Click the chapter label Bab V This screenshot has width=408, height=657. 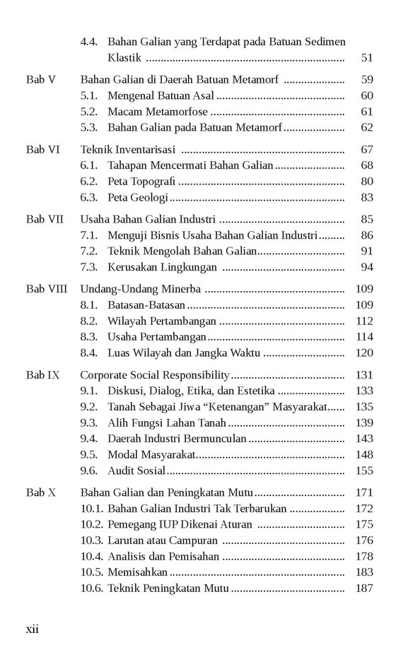pos(40,79)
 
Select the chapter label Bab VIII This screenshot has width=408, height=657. pos(47,289)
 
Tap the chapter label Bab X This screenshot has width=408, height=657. pos(40,492)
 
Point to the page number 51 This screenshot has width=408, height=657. pos(366,58)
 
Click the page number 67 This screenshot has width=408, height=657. pos(366,149)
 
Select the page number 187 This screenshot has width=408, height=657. pos(364,588)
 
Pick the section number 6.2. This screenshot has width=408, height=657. pos(88,182)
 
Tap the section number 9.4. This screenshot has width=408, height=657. pos(88,439)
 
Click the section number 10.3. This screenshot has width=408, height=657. pos(91,540)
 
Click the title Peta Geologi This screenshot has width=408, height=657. pos(138,198)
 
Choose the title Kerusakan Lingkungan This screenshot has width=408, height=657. pos(162,267)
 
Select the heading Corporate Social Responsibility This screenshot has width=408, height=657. pos(155,375)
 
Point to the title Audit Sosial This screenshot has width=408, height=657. pos(136,470)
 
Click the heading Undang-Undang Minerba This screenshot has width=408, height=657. pos(141,289)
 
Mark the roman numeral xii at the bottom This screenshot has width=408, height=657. pos(33,629)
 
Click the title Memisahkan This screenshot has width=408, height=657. pos(138,572)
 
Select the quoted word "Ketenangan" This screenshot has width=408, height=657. pos(230,407)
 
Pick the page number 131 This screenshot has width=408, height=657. pos(364,375)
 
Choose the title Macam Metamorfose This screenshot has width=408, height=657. pos(158,112)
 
